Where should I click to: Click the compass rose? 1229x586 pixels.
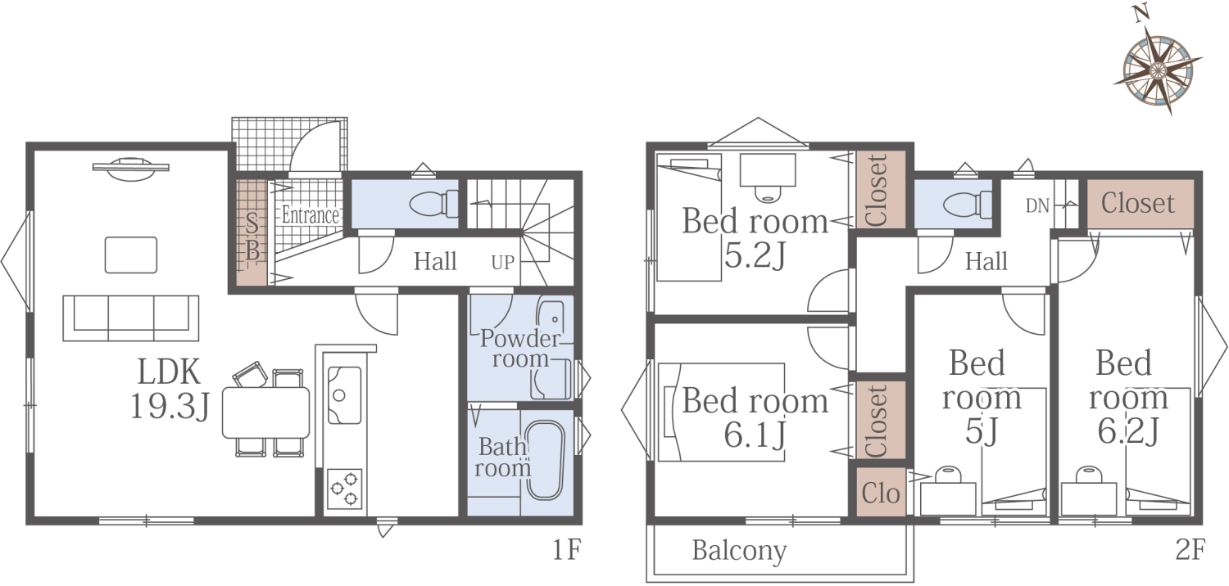[x=1159, y=71]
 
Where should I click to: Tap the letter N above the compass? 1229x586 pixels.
[x=1141, y=13]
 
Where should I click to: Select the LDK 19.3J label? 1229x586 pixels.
[x=170, y=389]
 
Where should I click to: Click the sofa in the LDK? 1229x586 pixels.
[x=130, y=318]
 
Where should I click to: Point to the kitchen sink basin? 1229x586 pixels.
[x=345, y=395]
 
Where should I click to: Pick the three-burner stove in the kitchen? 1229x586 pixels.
[x=345, y=488]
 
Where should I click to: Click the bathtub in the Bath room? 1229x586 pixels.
[x=546, y=461]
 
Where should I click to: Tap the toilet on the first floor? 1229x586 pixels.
[x=434, y=204]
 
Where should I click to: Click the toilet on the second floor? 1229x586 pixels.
[x=968, y=205]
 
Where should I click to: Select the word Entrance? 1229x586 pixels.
[x=311, y=215]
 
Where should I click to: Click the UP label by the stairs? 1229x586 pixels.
[x=502, y=263]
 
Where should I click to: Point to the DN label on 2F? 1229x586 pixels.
[x=1037, y=206]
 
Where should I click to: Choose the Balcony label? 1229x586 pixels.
[x=739, y=550]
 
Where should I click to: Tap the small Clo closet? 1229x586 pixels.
[x=881, y=492]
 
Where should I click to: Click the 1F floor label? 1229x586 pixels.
[x=566, y=549]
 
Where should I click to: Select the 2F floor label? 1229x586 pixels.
[x=1190, y=549]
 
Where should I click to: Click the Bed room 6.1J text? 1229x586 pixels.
[x=755, y=417]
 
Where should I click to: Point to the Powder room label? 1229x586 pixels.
[x=519, y=349]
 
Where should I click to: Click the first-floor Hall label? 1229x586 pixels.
[x=435, y=261]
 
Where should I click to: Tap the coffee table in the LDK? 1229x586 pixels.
[x=131, y=255]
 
